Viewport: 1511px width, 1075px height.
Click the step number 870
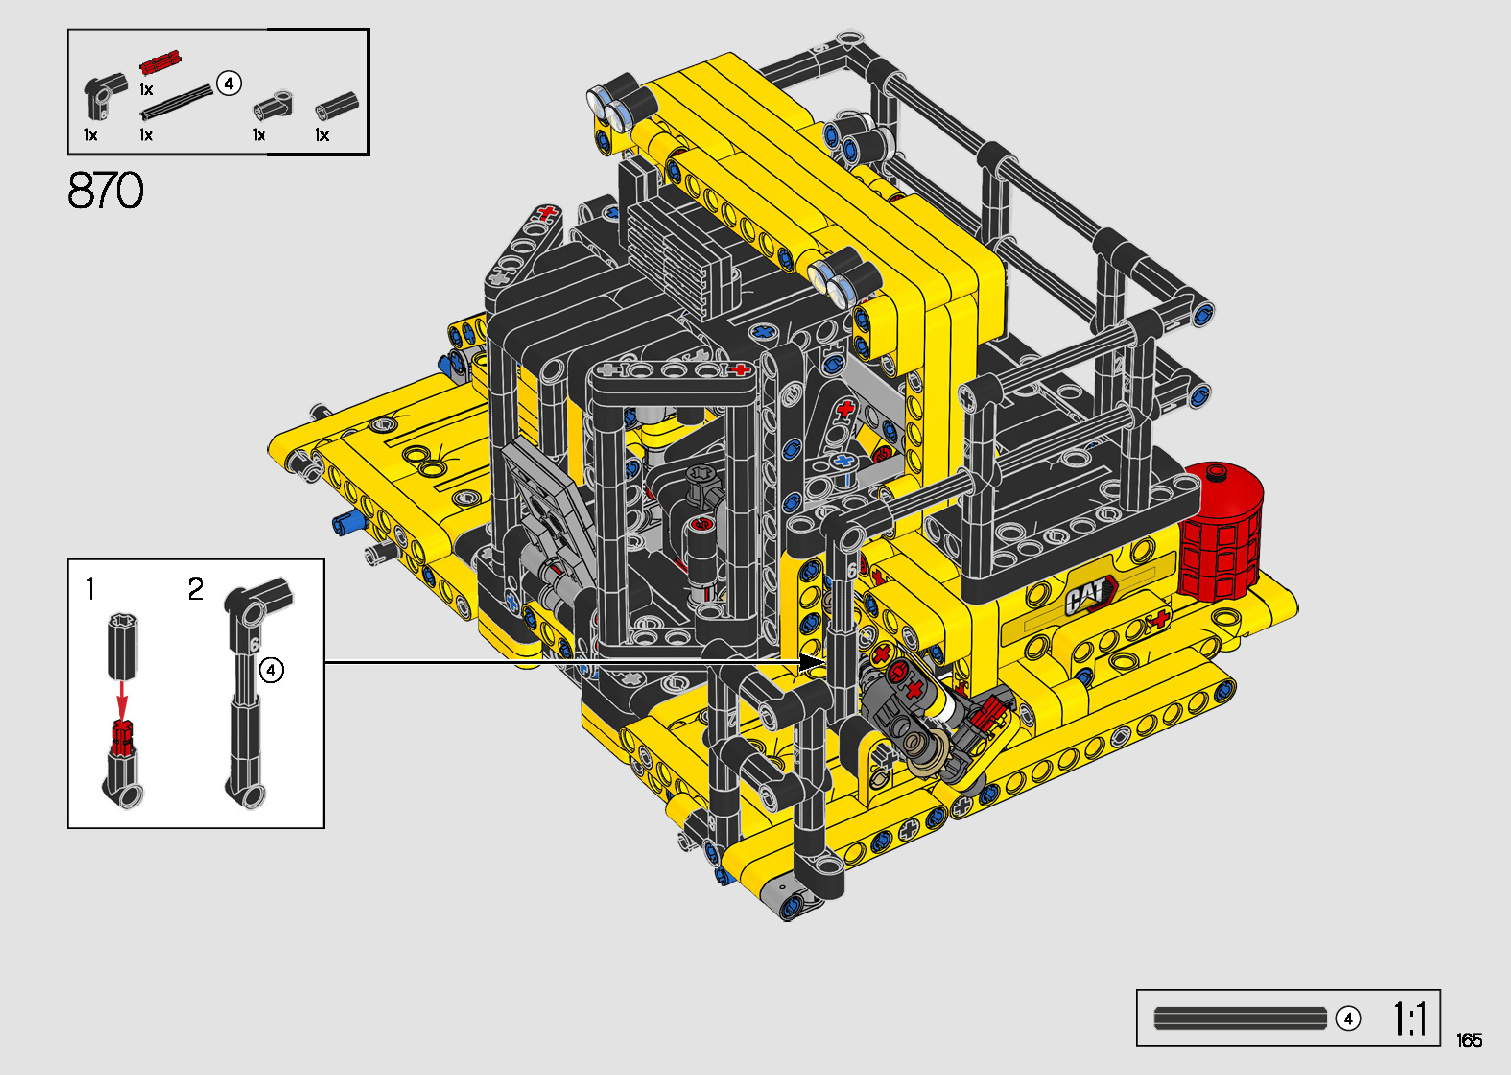click(x=106, y=191)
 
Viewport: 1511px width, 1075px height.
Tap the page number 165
click(x=1469, y=1039)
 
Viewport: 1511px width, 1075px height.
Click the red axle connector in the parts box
click(x=160, y=62)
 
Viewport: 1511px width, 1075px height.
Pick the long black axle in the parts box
click(x=176, y=102)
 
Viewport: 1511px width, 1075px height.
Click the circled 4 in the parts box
click(x=229, y=83)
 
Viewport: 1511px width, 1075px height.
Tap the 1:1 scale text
click(x=1409, y=1019)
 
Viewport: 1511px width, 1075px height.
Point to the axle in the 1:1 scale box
click(x=1240, y=1019)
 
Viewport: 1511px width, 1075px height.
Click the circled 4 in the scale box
click(x=1348, y=1019)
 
